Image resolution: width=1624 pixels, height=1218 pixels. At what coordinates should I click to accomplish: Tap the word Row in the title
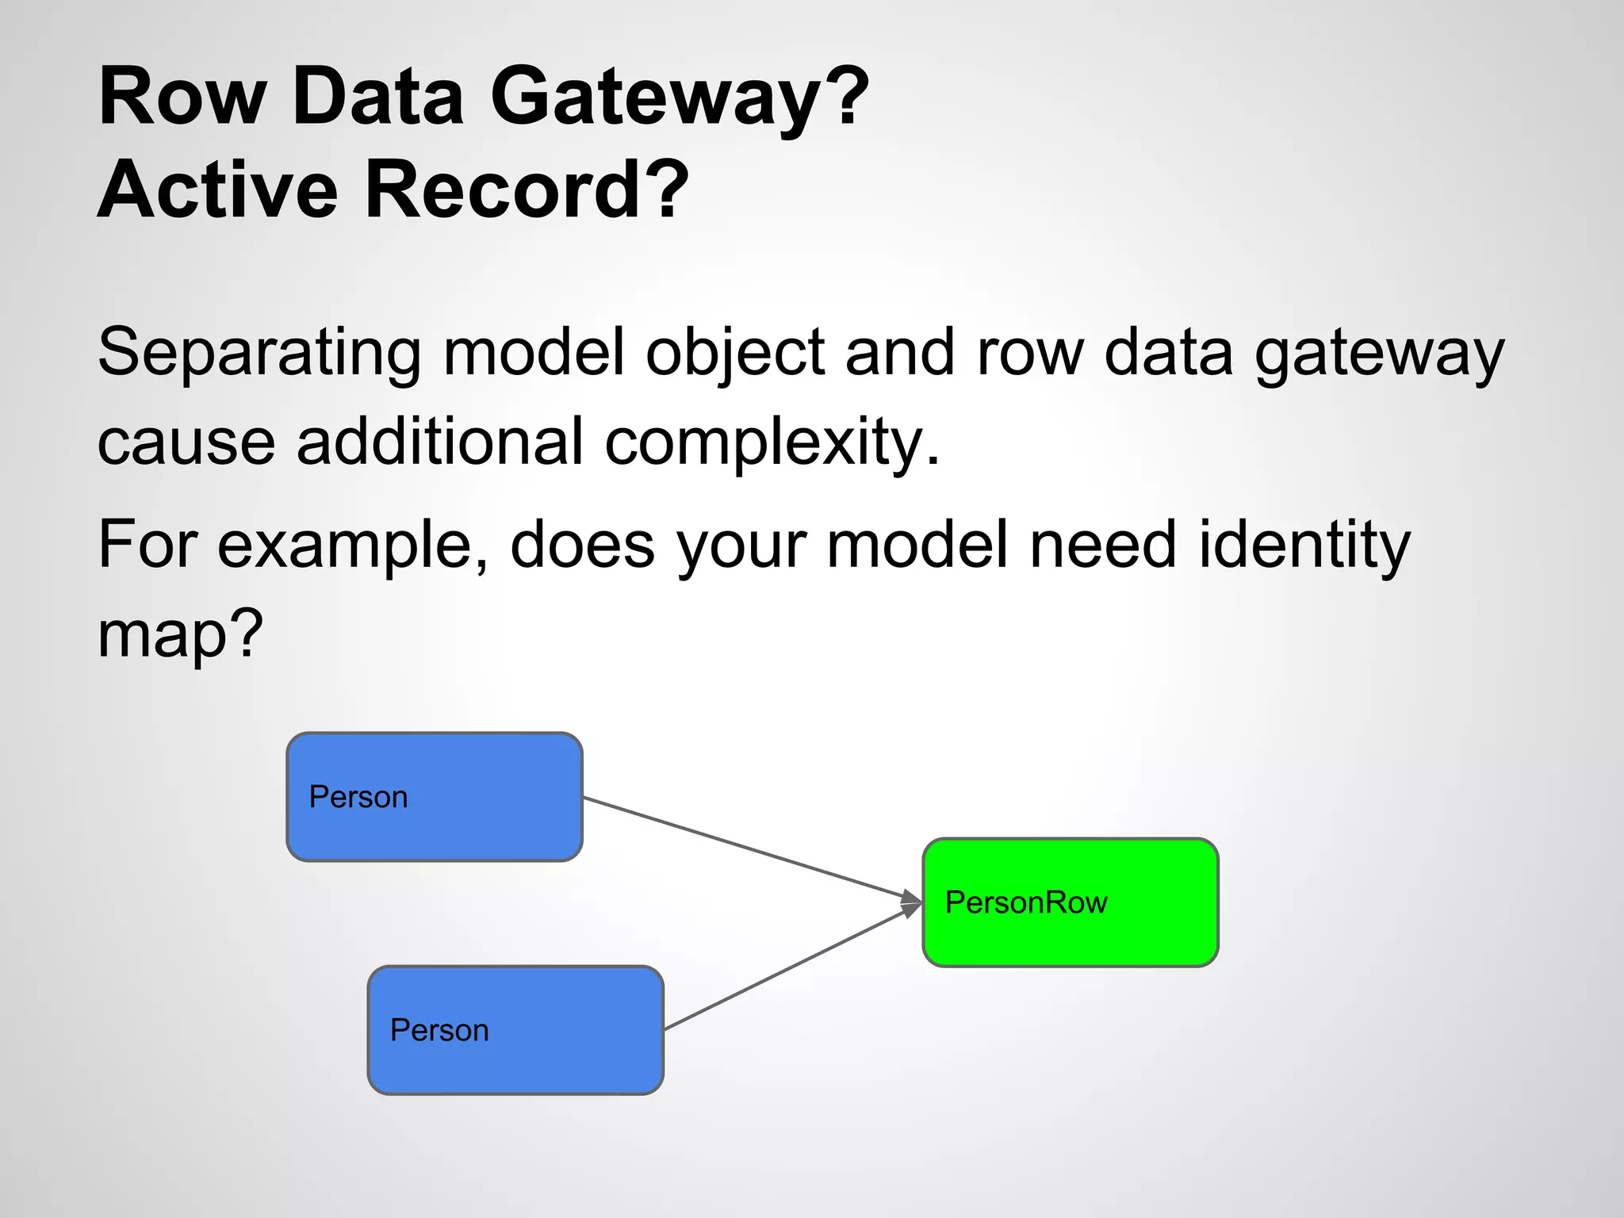point(182,97)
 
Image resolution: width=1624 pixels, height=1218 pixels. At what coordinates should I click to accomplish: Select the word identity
point(1304,545)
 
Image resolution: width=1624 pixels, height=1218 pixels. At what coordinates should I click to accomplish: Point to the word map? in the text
point(179,634)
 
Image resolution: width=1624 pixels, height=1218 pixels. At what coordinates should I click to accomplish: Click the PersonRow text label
point(1026,902)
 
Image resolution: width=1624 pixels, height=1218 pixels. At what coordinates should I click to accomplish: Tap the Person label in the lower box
point(439,1030)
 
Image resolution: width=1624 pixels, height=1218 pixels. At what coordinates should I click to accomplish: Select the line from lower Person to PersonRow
point(785,969)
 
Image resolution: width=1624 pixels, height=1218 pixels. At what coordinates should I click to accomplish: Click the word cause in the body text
point(186,441)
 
